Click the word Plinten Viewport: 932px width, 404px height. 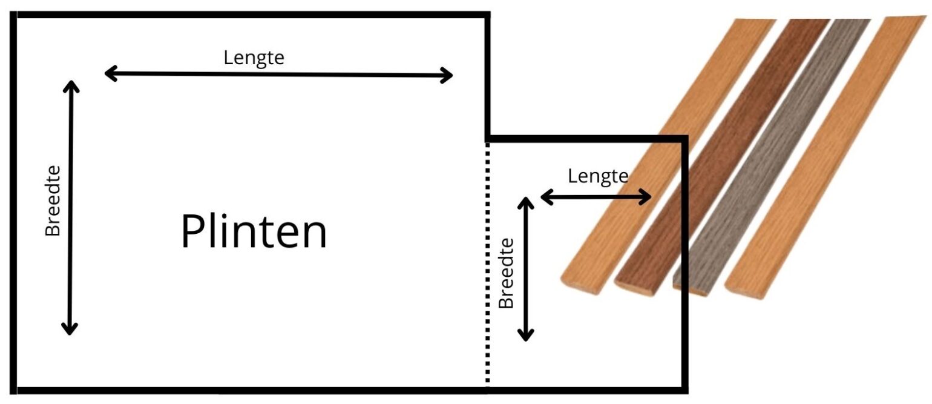click(x=254, y=233)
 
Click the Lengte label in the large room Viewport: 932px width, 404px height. click(x=254, y=58)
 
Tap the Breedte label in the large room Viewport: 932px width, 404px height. click(x=53, y=200)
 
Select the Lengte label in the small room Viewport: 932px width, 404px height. click(x=597, y=176)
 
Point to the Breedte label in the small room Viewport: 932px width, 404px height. click(x=506, y=273)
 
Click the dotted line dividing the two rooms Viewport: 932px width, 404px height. click(x=487, y=260)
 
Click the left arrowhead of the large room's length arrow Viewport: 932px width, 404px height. click(x=109, y=74)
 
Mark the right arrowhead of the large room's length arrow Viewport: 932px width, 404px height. click(x=448, y=76)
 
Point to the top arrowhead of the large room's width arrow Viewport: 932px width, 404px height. click(x=71, y=85)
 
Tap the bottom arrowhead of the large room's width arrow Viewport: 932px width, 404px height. click(x=70, y=329)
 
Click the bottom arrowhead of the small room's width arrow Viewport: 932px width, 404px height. click(x=526, y=335)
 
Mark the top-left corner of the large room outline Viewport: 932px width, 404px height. click(x=15, y=16)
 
